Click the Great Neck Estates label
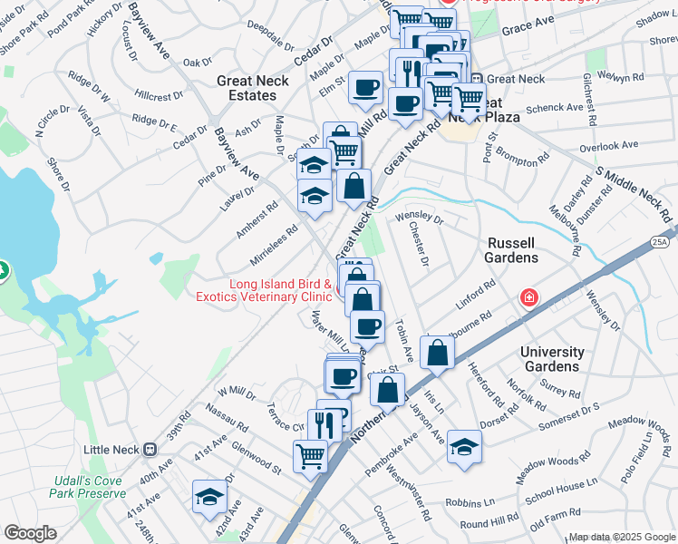click(253, 88)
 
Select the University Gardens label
click(552, 359)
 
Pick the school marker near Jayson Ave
click(464, 446)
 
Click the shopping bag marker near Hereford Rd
click(437, 354)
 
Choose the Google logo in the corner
click(30, 533)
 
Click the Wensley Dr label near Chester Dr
click(420, 219)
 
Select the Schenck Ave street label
click(555, 107)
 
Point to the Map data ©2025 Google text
click(621, 537)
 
